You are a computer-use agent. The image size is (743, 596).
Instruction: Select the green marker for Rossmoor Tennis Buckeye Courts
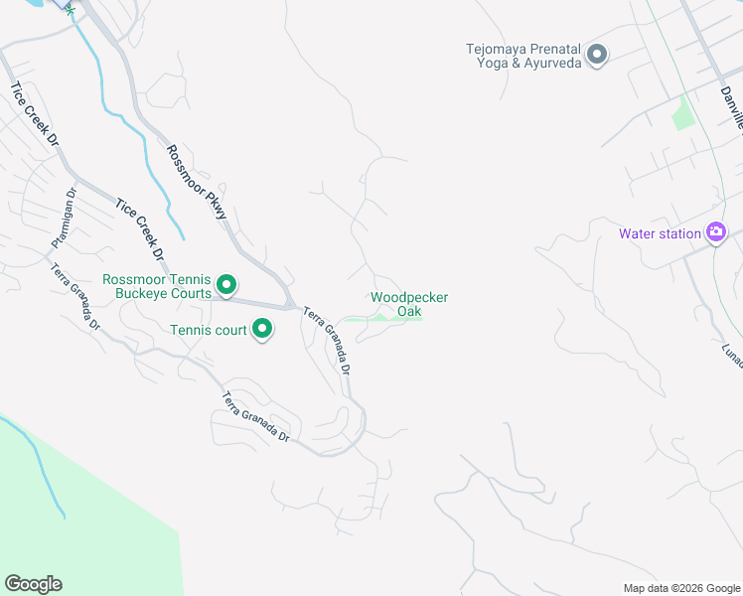(x=225, y=286)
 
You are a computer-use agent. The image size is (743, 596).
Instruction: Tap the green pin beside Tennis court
(x=262, y=328)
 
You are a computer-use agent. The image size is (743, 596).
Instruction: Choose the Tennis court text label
(x=208, y=329)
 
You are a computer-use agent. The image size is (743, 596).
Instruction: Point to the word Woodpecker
(x=409, y=297)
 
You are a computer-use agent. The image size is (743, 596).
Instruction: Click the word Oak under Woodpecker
(x=409, y=311)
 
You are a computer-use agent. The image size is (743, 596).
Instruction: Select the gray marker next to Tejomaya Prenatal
(x=596, y=54)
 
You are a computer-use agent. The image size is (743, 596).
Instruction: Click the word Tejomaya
(x=496, y=47)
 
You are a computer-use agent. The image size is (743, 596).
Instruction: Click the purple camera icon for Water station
(x=715, y=232)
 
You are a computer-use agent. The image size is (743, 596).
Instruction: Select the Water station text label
(x=660, y=234)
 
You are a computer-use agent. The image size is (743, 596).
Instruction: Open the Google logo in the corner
(x=34, y=583)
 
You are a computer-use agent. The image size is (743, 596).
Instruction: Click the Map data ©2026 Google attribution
(x=680, y=588)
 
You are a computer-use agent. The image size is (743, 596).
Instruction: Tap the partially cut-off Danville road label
(x=732, y=108)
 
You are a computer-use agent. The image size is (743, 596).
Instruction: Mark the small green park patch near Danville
(x=682, y=114)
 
